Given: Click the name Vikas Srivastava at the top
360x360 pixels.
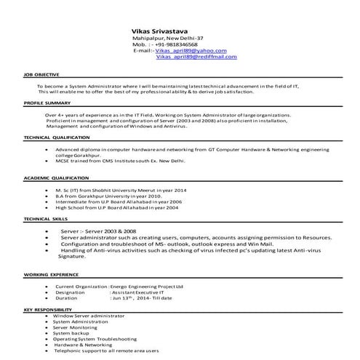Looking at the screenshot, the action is pyautogui.click(x=158, y=31).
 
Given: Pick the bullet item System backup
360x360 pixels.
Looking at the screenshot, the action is pyautogui.click(x=71, y=333).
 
